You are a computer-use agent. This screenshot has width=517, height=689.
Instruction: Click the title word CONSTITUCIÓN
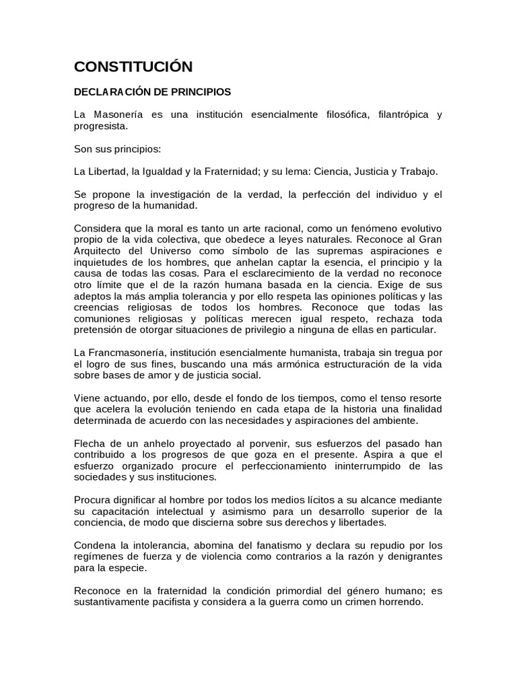tap(133, 67)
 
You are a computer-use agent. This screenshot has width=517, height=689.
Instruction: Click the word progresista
tap(100, 126)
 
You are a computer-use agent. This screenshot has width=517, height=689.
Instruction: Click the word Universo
tap(176, 252)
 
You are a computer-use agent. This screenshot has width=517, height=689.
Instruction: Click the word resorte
tap(423, 399)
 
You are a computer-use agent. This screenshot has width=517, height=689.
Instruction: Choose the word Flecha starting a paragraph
tap(89, 444)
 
